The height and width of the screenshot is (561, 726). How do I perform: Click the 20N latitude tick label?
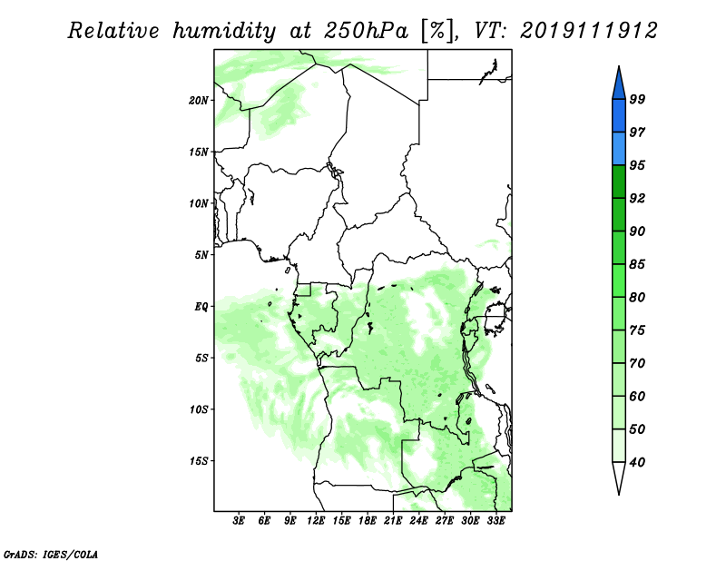click(x=199, y=101)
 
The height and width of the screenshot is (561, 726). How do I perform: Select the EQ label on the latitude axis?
click(x=201, y=307)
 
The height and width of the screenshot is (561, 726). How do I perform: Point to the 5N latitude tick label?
click(x=201, y=255)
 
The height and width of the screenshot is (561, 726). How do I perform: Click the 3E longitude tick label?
click(x=239, y=520)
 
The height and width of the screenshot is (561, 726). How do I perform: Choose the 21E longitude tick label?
click(x=393, y=520)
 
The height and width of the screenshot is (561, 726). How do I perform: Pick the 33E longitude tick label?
click(x=495, y=520)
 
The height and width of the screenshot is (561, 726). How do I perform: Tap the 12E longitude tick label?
click(x=316, y=520)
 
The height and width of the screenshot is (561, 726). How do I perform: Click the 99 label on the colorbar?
click(x=637, y=99)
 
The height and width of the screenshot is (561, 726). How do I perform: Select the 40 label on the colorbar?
click(x=637, y=462)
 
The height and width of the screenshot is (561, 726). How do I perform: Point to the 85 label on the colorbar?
click(x=637, y=264)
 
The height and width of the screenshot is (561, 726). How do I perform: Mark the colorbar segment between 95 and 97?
click(x=619, y=149)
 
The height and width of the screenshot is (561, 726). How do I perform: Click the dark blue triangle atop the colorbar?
click(x=619, y=84)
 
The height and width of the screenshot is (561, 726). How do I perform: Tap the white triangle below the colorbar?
click(x=619, y=477)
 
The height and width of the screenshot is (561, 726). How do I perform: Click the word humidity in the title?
click(x=224, y=32)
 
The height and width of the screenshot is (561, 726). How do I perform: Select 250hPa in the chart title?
click(x=366, y=31)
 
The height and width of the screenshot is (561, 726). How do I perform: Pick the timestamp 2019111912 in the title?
click(x=588, y=31)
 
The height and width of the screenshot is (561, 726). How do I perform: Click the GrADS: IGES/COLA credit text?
click(x=51, y=554)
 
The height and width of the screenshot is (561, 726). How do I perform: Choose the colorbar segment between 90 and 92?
click(x=619, y=214)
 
